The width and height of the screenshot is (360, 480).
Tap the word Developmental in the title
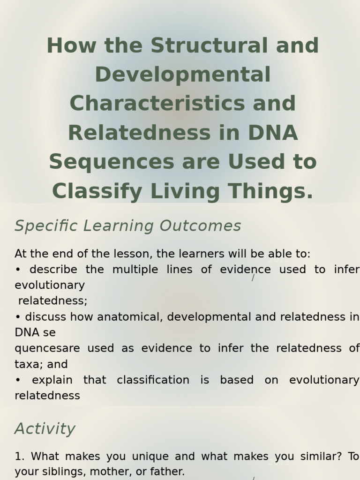[x=183, y=75]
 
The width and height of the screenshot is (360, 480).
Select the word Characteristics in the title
[x=157, y=103]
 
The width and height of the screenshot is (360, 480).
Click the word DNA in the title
[x=273, y=133]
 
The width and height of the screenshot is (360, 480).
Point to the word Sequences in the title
[x=112, y=162]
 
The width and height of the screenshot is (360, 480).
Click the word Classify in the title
[x=97, y=191]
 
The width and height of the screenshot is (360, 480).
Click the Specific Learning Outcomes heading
[x=127, y=226]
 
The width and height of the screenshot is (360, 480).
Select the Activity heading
[x=45, y=429]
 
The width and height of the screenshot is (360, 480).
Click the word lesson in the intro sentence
[x=133, y=254]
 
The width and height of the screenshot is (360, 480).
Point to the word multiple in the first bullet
[x=135, y=270]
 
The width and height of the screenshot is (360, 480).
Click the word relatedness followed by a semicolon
[x=52, y=300]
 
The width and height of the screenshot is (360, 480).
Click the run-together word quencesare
[x=47, y=349]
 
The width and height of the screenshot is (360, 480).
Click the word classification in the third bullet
[x=153, y=380]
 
